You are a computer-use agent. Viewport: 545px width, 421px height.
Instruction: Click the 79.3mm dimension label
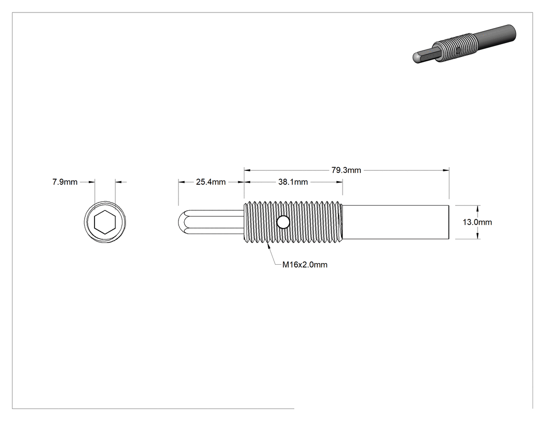tap(346, 170)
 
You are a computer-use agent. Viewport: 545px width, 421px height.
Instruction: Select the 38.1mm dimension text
tap(293, 182)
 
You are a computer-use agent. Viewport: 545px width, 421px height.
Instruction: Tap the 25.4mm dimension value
tap(211, 182)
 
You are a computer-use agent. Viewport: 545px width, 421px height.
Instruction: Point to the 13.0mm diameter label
tap(477, 222)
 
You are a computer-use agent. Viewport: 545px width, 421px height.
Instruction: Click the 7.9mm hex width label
tap(65, 182)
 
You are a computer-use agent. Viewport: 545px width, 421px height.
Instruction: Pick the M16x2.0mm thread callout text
tap(305, 265)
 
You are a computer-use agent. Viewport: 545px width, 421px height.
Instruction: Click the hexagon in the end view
tap(105, 222)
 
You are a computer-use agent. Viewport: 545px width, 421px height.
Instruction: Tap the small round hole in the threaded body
tap(283, 222)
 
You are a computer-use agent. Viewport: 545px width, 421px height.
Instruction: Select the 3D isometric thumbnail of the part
tap(465, 44)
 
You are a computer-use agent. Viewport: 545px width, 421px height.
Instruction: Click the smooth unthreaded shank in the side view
tap(396, 222)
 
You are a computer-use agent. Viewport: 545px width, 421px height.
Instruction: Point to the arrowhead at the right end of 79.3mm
tap(446, 170)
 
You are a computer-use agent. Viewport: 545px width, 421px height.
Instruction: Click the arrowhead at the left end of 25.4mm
tap(182, 182)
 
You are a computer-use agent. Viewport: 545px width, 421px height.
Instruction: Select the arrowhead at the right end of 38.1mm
tap(339, 182)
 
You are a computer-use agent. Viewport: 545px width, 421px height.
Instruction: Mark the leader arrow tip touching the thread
tap(267, 245)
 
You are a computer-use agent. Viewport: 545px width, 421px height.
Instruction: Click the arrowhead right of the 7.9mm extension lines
tap(118, 182)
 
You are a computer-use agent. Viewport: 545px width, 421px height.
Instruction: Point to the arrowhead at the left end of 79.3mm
tap(248, 170)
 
